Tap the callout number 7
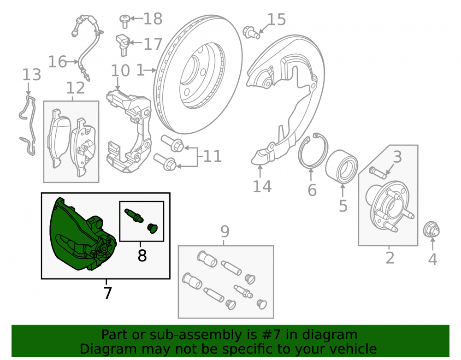pos(107,293)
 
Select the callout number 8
pos(142,255)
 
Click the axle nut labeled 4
pos(431,230)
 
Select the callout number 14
pos(262,186)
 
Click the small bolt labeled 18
pos(124,21)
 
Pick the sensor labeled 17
pos(123,44)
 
